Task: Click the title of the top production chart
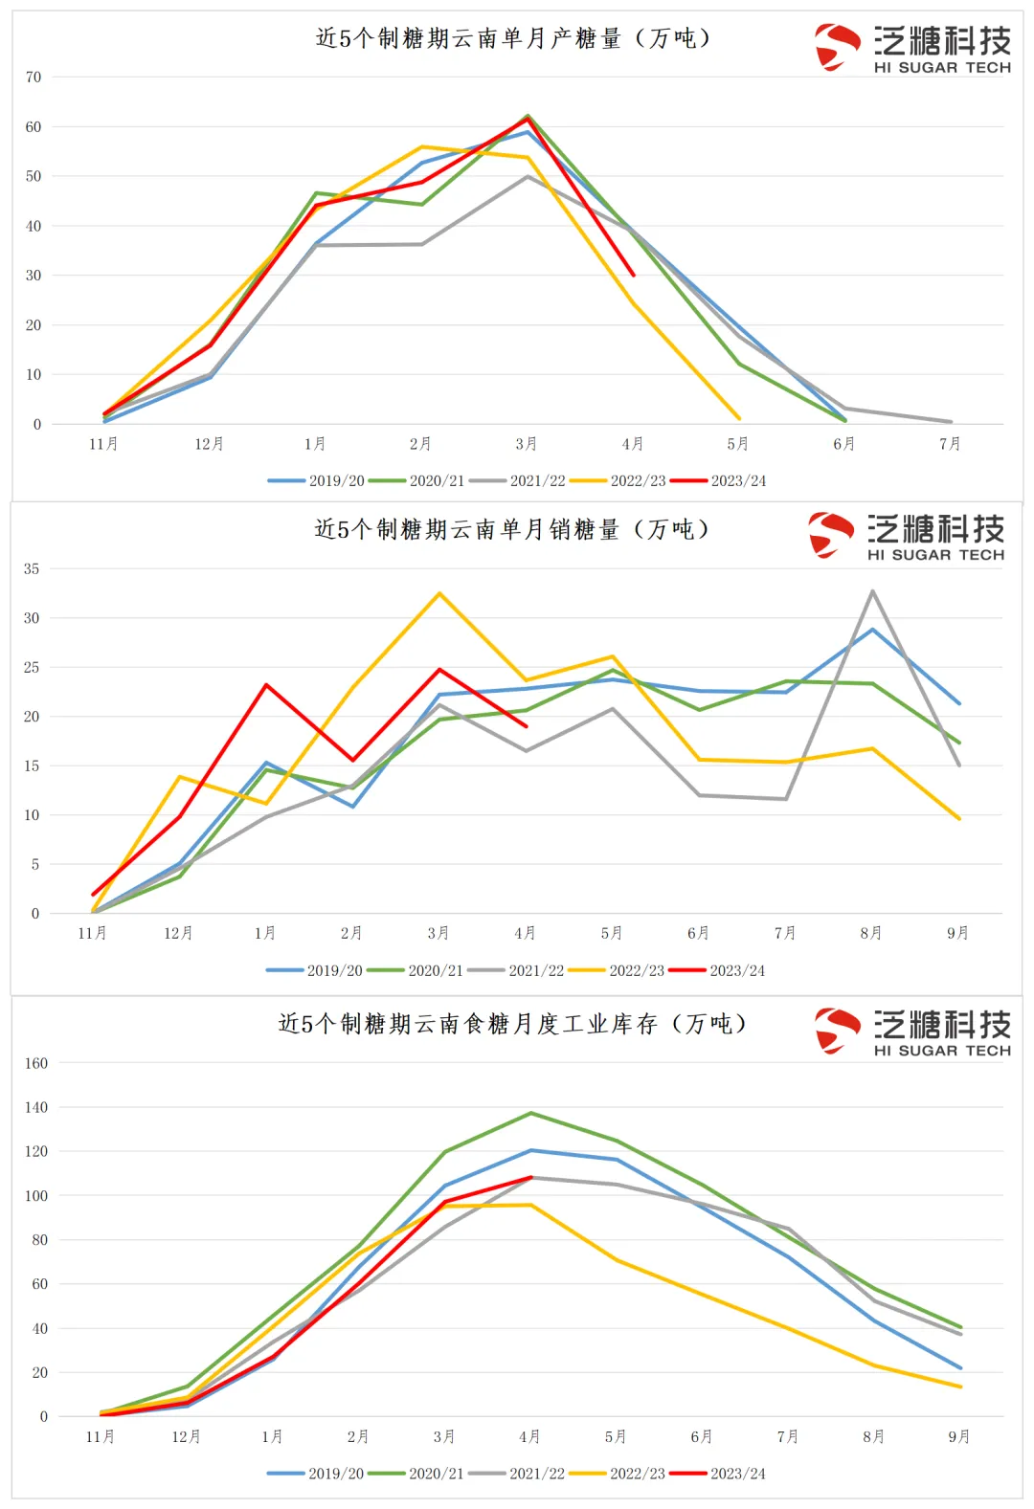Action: [513, 38]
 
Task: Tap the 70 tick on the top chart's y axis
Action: [34, 78]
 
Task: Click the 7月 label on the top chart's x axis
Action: [950, 444]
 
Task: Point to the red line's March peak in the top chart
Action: [528, 119]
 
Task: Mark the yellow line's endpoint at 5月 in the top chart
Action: [739, 418]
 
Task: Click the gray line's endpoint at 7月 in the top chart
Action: [951, 422]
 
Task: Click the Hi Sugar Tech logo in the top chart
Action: [913, 48]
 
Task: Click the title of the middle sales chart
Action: [511, 529]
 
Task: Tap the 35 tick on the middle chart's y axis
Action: [32, 569]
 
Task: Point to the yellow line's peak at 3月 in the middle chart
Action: [439, 594]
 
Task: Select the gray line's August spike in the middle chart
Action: [872, 591]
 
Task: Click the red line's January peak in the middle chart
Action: [266, 685]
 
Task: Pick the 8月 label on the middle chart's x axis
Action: [871, 933]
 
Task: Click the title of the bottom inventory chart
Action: [512, 1024]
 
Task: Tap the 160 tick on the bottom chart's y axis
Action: [36, 1063]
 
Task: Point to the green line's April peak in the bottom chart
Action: [530, 1113]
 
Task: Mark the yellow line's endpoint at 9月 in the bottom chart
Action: [959, 1387]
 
